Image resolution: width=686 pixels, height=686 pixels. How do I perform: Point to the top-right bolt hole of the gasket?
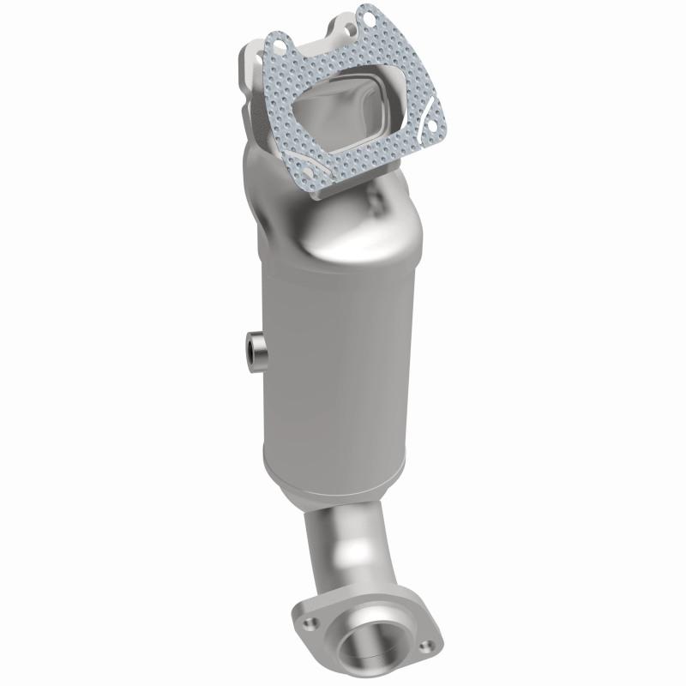click(x=369, y=15)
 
